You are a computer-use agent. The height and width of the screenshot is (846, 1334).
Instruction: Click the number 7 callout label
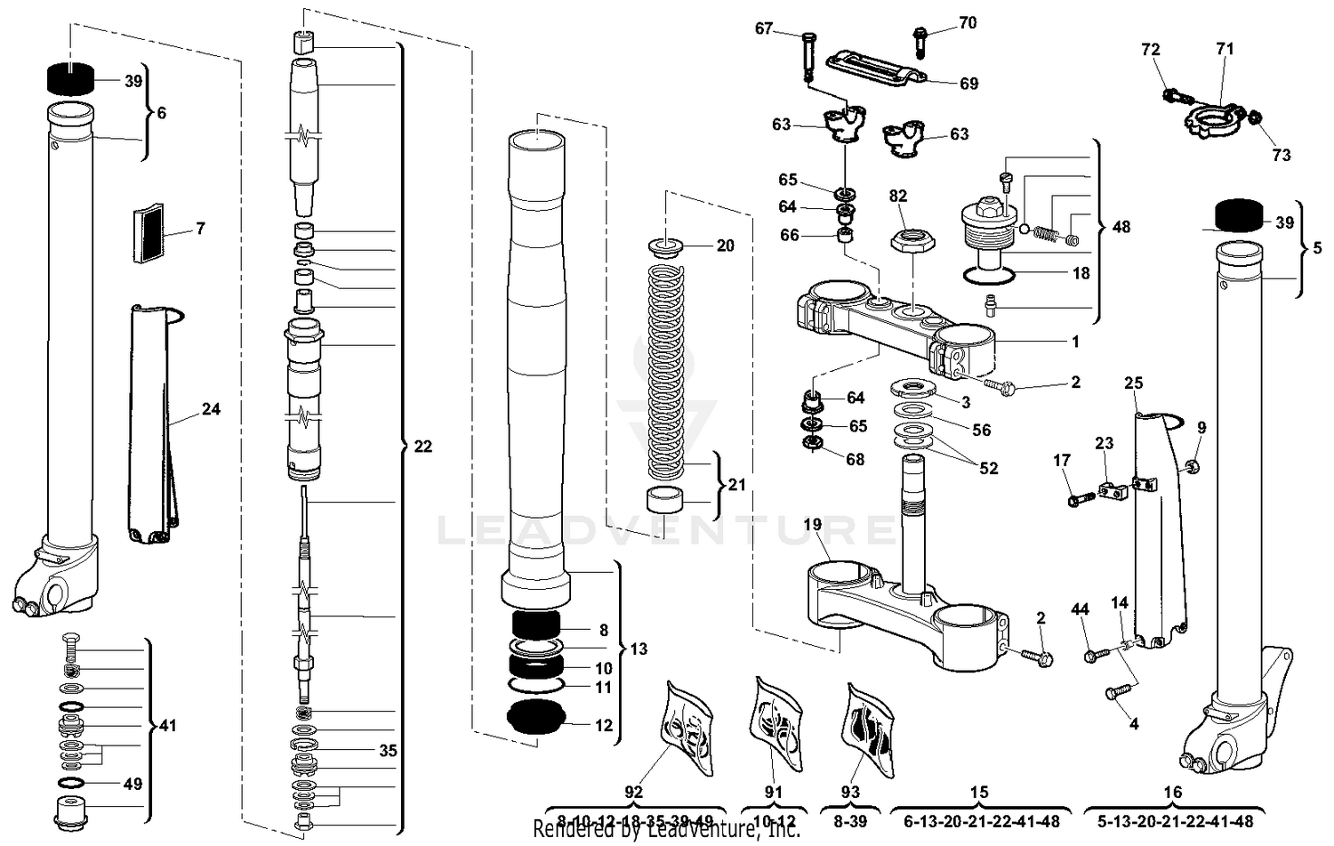click(200, 229)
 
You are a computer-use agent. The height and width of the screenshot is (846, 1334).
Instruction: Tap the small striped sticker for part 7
click(149, 234)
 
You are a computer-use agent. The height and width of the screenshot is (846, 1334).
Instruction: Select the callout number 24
click(211, 409)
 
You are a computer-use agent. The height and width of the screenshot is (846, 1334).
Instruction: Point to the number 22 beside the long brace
click(423, 446)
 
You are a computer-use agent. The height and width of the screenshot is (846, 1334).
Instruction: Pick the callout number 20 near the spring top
click(726, 246)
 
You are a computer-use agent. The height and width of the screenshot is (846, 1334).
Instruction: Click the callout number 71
click(1226, 50)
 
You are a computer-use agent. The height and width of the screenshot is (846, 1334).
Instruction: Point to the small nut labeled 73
click(1254, 117)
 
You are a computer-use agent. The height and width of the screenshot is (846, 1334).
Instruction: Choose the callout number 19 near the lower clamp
click(813, 524)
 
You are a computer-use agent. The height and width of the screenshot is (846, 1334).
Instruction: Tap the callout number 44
click(1080, 609)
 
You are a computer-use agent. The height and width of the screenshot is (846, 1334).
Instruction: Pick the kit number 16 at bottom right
click(1173, 792)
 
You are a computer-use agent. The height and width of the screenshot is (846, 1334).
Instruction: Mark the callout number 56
click(981, 430)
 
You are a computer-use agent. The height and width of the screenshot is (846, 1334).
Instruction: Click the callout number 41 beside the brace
click(167, 726)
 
